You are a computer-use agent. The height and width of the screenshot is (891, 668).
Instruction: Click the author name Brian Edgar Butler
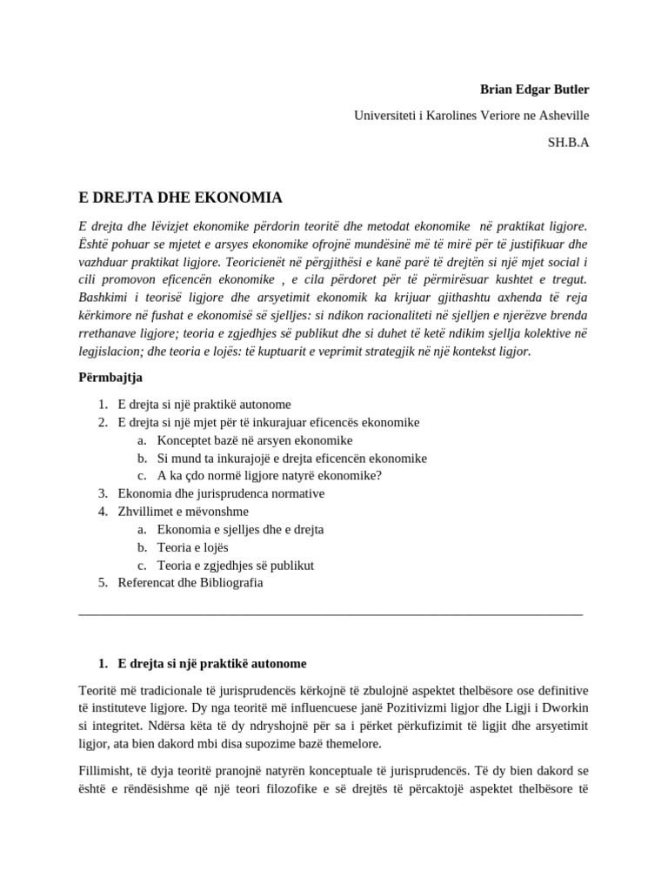coord(534,90)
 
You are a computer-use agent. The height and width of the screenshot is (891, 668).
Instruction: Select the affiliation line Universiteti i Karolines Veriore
coord(471,116)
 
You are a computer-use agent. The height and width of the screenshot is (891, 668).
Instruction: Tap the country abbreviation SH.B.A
coord(568,142)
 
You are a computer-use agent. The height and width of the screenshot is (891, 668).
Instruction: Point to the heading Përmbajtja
coord(110,377)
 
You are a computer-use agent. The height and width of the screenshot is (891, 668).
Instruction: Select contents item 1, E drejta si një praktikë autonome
coord(204,405)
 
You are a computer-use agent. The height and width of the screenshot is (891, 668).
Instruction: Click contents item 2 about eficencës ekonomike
coord(268,422)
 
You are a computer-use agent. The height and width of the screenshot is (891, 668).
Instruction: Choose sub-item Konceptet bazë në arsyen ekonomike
coord(254,440)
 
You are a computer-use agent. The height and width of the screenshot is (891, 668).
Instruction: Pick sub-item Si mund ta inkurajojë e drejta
coord(291,458)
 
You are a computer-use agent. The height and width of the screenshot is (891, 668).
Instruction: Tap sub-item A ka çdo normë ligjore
coord(269,475)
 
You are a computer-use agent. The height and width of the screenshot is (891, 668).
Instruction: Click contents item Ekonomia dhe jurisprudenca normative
coord(221,493)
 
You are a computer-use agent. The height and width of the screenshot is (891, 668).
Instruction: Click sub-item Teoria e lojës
coord(192,547)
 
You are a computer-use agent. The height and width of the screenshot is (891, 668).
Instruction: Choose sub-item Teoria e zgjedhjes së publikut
coord(235,565)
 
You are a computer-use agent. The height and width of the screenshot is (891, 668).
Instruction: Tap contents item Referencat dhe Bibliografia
coord(190,582)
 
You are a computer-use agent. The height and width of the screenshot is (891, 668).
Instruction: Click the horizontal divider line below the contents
coord(331,615)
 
